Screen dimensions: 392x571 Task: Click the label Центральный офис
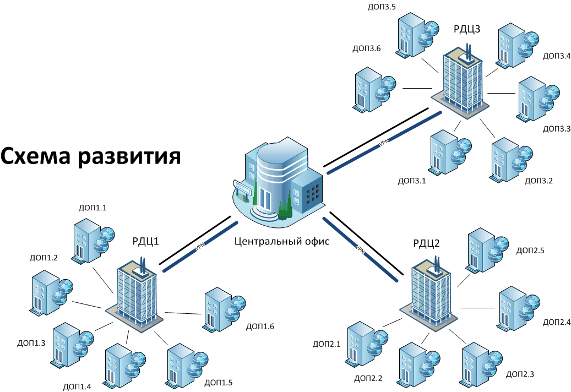281,241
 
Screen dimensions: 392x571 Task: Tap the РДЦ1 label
145,241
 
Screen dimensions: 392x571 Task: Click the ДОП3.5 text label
381,7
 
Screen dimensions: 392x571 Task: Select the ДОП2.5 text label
530,251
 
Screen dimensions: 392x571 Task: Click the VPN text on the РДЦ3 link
384,143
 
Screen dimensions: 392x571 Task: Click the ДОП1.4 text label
78,385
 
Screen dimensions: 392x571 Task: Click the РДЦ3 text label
467,29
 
